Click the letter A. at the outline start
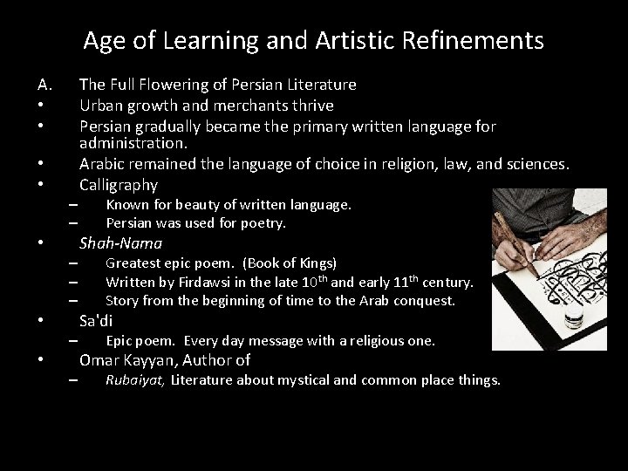click(x=46, y=85)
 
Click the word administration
click(x=133, y=142)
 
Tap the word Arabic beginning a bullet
click(x=102, y=163)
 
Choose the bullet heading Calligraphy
click(x=119, y=184)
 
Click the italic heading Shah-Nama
click(x=120, y=243)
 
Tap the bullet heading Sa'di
click(x=96, y=320)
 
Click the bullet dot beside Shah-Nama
click(x=41, y=243)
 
